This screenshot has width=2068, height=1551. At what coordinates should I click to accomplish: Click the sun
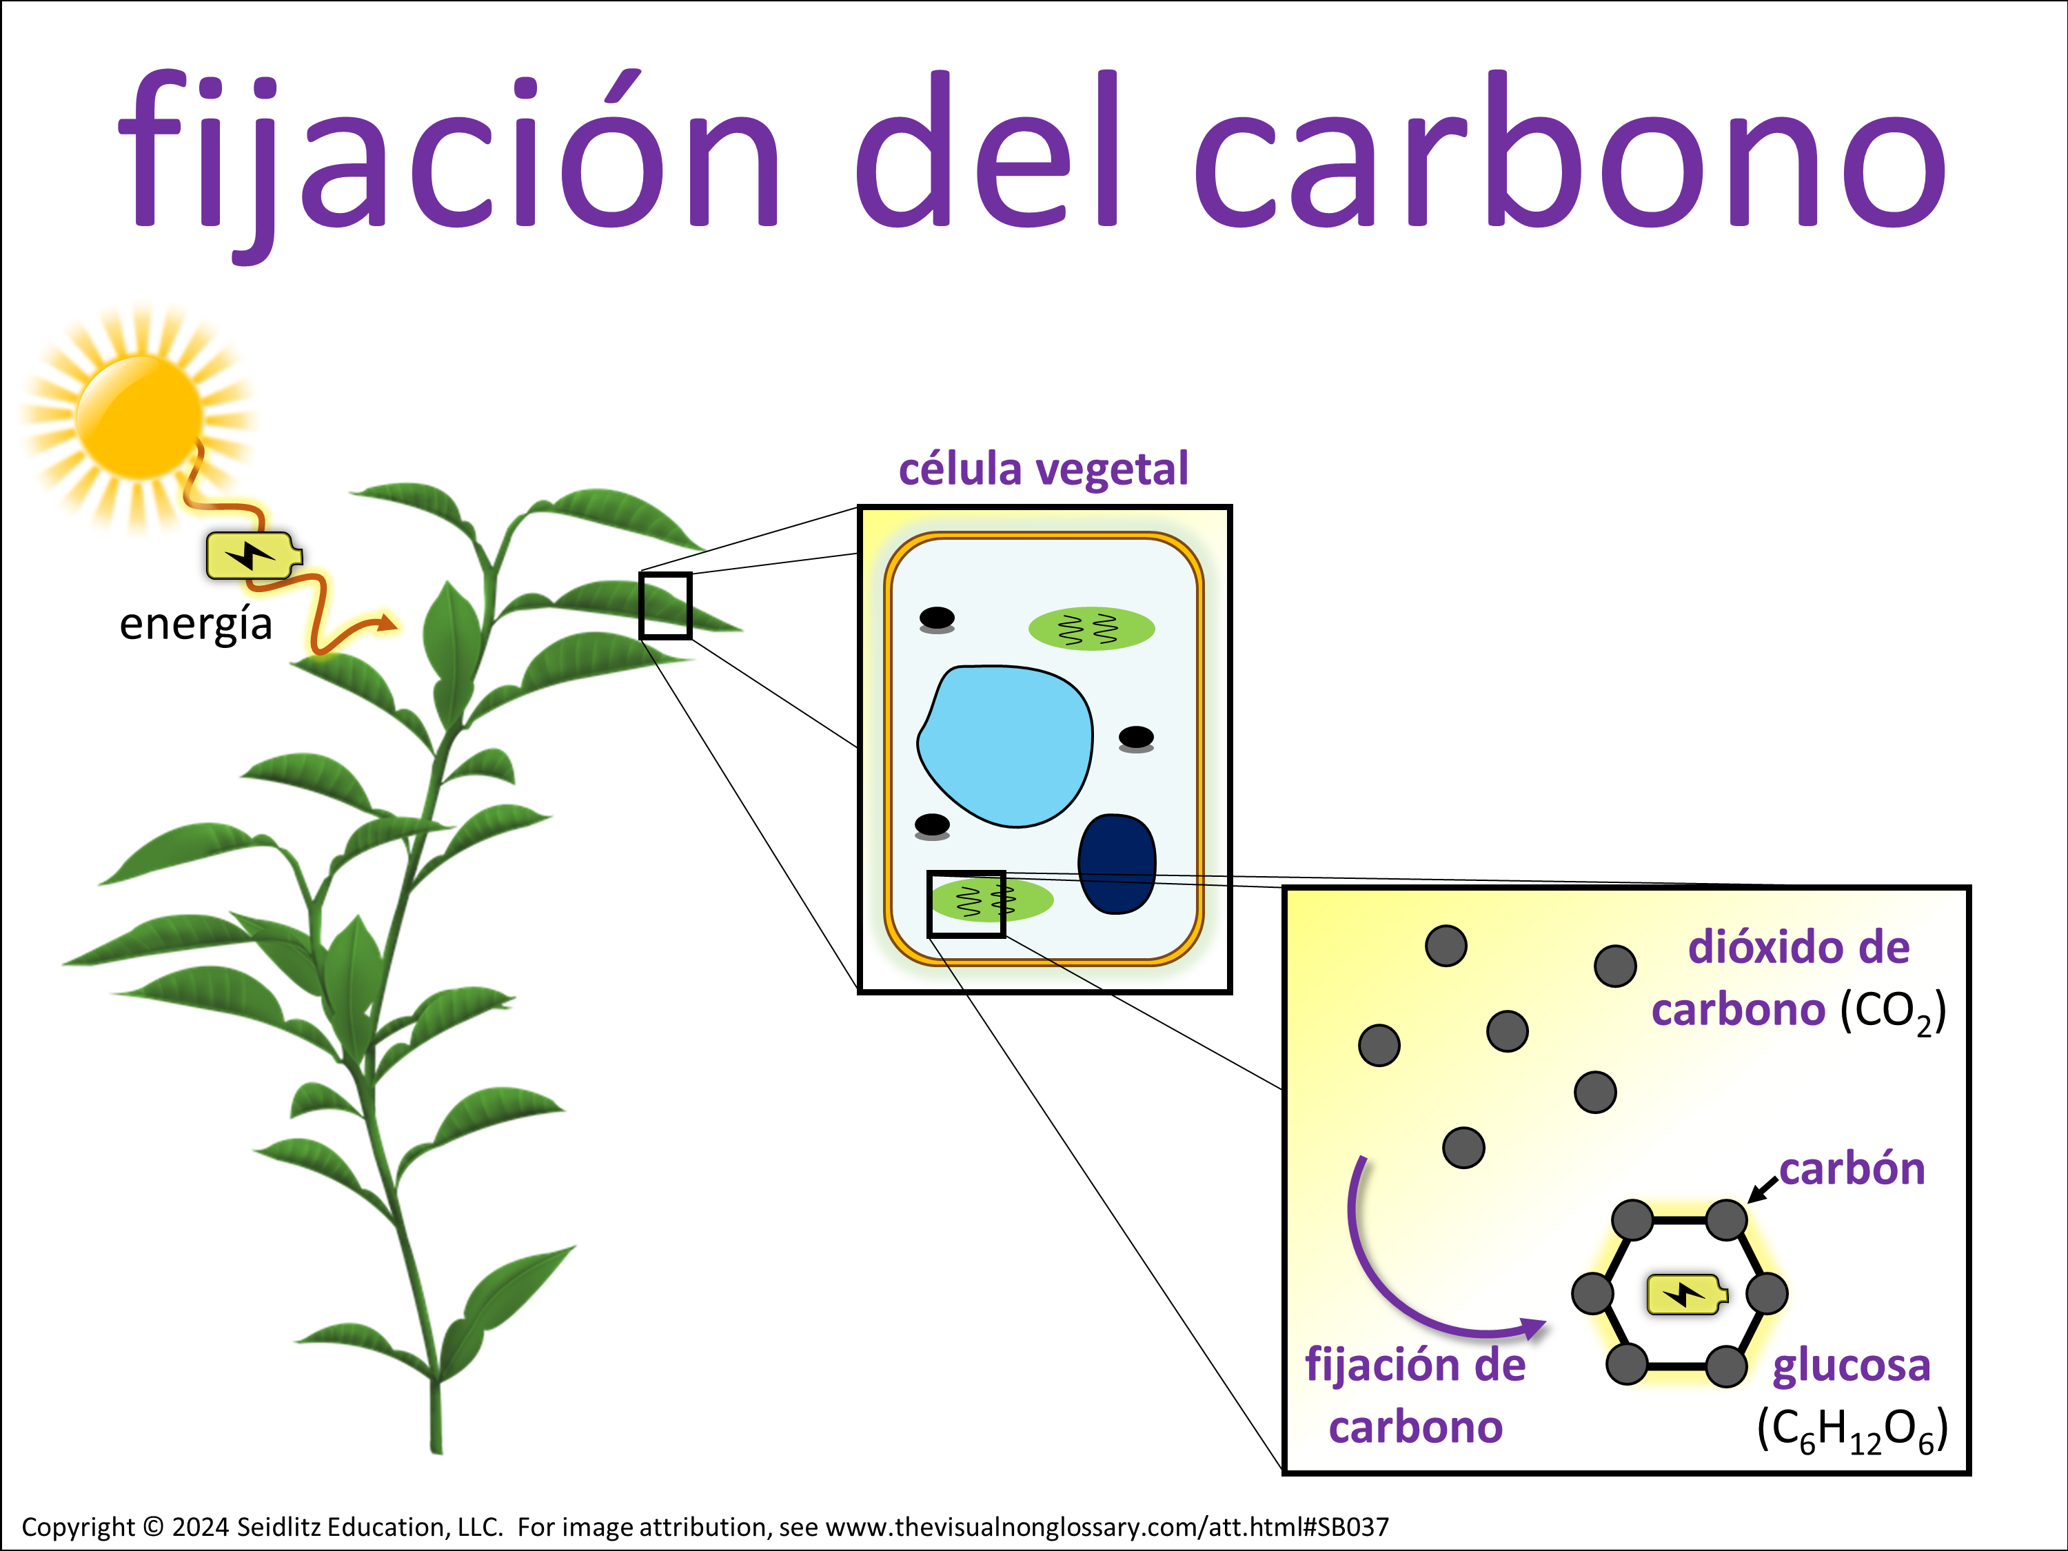coord(139,417)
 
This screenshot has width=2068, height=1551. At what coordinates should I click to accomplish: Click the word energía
coord(195,625)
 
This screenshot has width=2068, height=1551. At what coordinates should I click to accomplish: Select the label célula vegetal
coord(1044,469)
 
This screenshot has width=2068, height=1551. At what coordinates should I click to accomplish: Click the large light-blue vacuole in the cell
coord(1006,746)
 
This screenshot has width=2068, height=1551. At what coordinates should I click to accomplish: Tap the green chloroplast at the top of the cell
coord(1091,628)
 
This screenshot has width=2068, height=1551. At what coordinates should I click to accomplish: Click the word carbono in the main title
coord(1570,150)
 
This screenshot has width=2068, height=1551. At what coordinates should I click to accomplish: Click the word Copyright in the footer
coord(78,1527)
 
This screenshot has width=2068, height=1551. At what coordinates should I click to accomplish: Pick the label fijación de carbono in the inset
coord(1415,1397)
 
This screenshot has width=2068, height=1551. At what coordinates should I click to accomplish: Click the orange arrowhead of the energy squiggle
coord(387,624)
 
